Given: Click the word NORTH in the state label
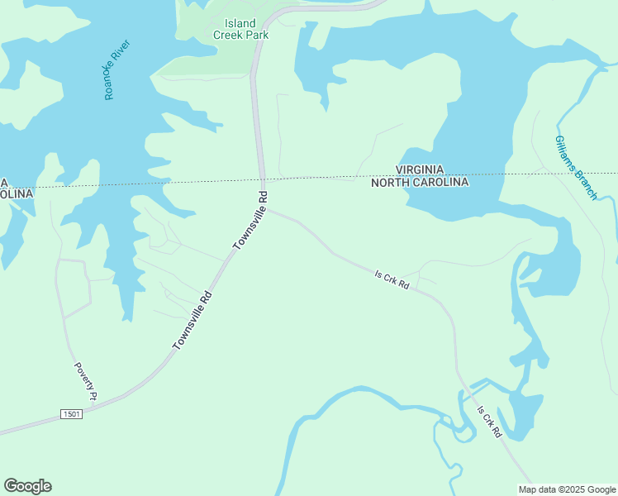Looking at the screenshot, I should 391,182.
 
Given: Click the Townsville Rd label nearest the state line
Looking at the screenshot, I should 251,220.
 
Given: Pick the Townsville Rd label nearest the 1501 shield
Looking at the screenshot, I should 193,320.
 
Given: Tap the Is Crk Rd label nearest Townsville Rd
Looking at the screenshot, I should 392,281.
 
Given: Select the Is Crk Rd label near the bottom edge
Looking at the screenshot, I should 489,422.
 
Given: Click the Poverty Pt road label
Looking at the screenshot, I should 85,381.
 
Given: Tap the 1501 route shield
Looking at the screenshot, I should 71,413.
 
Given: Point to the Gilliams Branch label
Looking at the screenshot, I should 576,167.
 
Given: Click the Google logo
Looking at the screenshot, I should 27,486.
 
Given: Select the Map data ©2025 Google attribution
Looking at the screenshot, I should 567,489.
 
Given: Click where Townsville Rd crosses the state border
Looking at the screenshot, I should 262,179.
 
